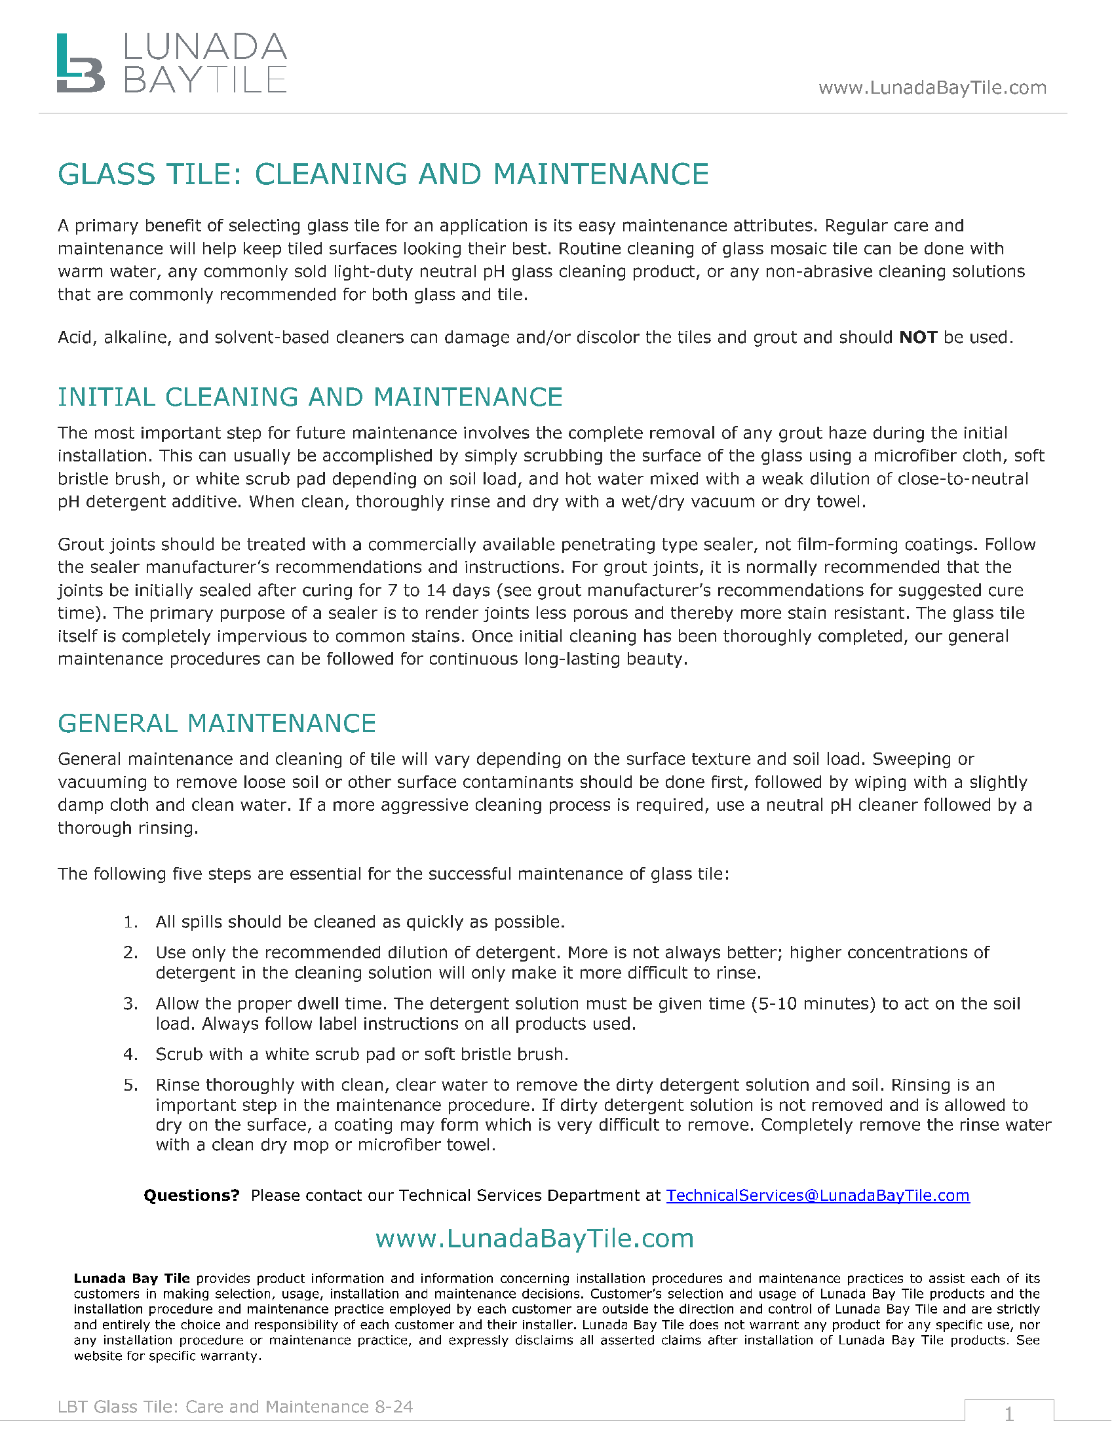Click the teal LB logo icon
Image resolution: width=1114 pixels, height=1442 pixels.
coord(80,64)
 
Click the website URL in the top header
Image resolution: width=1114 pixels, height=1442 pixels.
coord(932,88)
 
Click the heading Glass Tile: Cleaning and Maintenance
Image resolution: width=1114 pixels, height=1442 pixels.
coord(383,175)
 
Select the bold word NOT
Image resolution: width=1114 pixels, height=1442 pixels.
coord(918,338)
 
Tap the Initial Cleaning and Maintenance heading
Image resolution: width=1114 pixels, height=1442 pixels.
coord(309,397)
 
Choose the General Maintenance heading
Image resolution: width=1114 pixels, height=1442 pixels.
coord(216,724)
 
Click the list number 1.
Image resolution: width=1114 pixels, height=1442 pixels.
coord(130,922)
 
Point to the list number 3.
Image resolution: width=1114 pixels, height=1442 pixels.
coord(130,1004)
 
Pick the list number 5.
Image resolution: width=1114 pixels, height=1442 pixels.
coord(130,1085)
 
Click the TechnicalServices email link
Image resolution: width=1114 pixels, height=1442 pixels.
coord(818,1196)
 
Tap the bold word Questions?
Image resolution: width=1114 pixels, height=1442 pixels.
coord(191,1196)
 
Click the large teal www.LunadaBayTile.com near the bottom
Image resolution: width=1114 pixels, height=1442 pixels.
coord(535,1239)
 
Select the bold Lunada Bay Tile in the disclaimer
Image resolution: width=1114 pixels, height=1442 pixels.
coord(131,1279)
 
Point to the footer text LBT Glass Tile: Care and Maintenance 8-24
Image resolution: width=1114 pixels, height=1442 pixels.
coord(235,1407)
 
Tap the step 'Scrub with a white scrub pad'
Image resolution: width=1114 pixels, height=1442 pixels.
coord(362,1055)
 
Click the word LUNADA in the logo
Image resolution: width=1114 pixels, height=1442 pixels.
coord(205,48)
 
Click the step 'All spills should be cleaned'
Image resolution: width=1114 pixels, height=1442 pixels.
coord(360,922)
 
